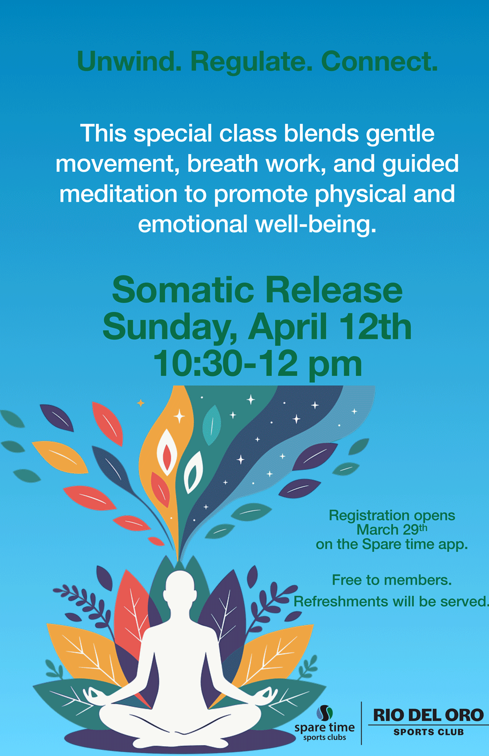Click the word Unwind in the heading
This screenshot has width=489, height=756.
point(129,62)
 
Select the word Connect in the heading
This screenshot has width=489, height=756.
point(379,62)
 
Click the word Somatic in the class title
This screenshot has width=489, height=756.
point(183,290)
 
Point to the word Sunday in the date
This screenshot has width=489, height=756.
point(170,328)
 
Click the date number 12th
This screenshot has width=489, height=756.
point(375,326)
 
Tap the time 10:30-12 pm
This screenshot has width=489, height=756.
point(258,364)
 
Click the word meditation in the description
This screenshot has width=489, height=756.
point(118,194)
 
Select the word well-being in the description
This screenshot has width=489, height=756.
point(316,225)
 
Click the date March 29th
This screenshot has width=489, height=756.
point(392,529)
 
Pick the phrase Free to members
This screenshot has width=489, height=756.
point(392,580)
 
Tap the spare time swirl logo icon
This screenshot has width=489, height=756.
point(325,713)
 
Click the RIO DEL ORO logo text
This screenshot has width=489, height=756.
point(428,715)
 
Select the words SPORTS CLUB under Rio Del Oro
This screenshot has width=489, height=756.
point(429,732)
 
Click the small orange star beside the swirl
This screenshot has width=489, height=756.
point(141,403)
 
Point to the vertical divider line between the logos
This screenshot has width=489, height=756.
point(361,723)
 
